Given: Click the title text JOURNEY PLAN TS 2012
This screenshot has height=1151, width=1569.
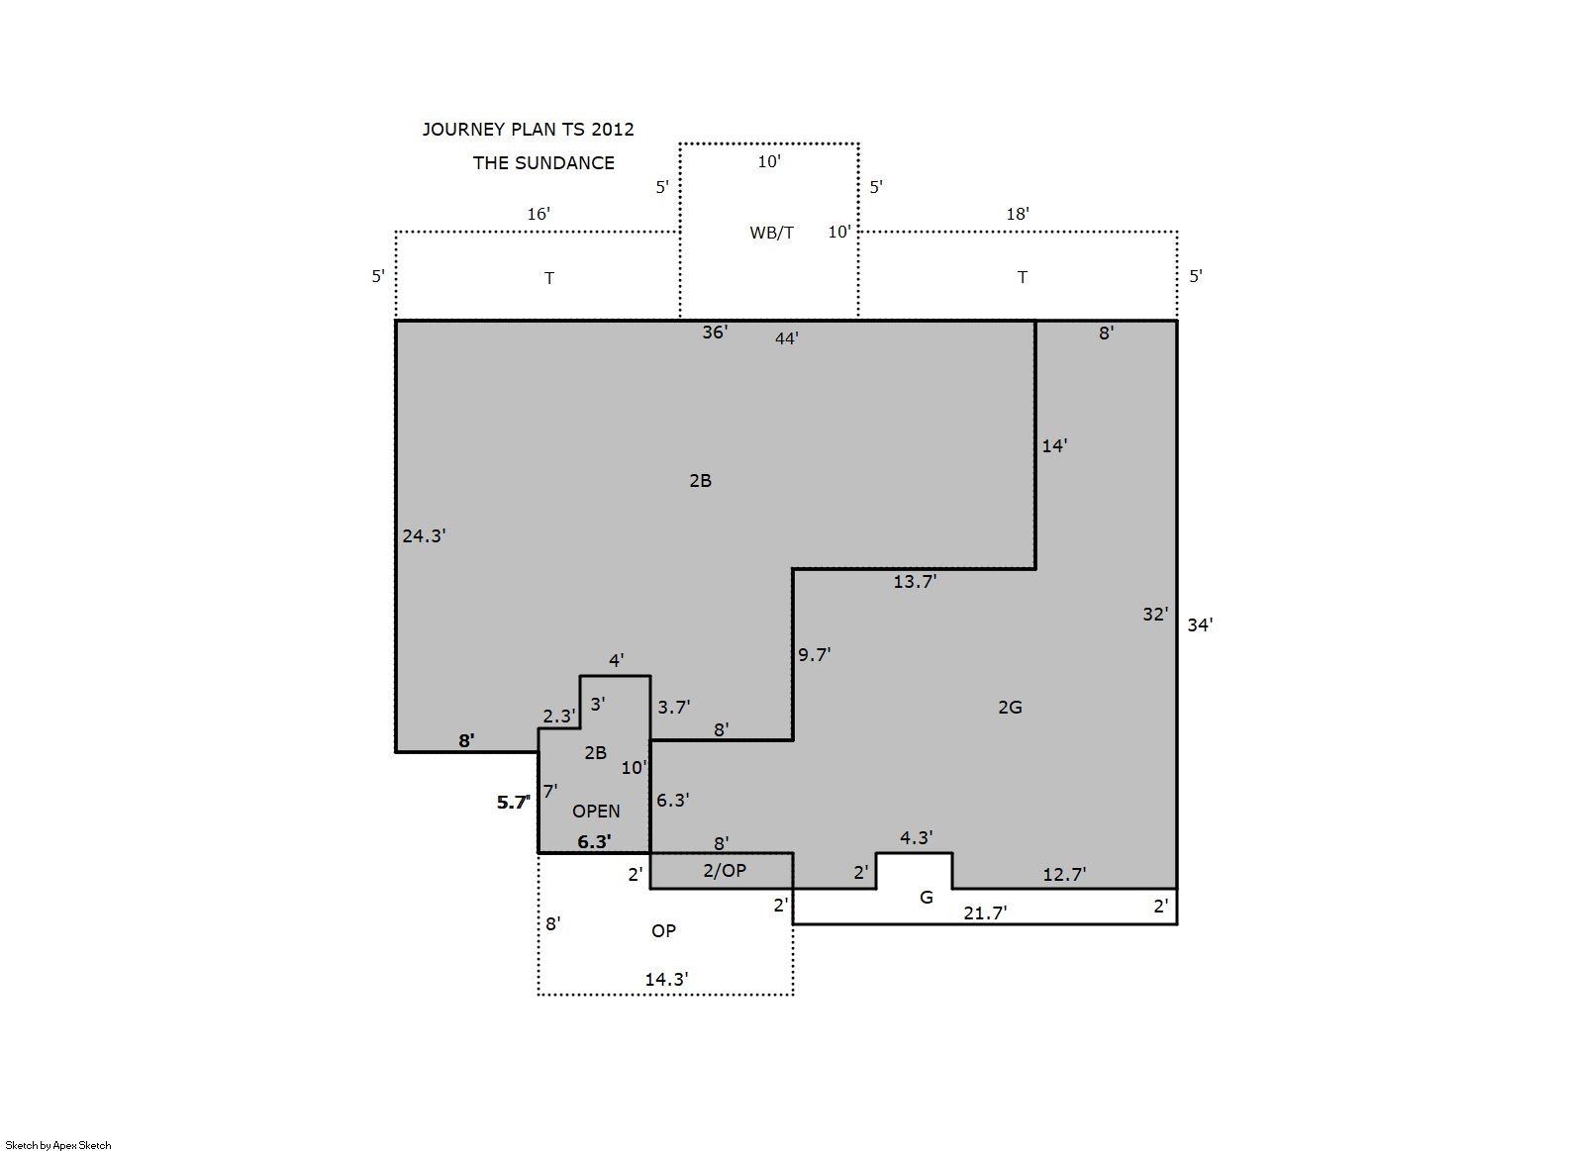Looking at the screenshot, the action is (528, 130).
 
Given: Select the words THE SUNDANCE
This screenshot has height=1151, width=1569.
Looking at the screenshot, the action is (543, 163).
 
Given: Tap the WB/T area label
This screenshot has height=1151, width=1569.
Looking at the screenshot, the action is (771, 233).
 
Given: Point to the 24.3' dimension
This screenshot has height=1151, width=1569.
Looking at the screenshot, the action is (424, 535).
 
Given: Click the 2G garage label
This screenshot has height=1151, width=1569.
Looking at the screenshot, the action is (1010, 707).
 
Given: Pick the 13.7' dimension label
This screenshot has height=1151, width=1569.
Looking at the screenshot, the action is (915, 581).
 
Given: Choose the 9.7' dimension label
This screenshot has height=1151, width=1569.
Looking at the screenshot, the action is (814, 654).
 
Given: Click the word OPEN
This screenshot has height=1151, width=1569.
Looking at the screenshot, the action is (596, 811).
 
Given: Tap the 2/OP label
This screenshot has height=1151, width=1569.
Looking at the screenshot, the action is (725, 870).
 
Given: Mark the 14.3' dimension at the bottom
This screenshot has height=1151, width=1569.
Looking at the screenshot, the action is (666, 979).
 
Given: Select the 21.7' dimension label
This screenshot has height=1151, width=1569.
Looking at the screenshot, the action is (985, 912).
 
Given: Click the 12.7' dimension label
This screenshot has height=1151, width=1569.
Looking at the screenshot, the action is (1064, 874).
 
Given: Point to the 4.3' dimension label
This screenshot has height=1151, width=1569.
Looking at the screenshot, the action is (917, 837).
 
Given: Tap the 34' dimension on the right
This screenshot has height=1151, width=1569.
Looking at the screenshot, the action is (1200, 624).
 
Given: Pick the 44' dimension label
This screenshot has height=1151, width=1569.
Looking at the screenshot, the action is (787, 338).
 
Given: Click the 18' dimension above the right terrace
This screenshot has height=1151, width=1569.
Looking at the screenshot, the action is (1018, 214).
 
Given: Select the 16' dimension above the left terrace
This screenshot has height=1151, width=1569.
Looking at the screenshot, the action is (539, 214).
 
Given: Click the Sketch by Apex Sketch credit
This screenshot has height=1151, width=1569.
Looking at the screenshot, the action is (58, 1145).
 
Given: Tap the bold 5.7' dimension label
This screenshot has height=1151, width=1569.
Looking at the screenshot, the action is (513, 803).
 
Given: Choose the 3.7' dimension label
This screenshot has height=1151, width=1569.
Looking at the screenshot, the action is (674, 707).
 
